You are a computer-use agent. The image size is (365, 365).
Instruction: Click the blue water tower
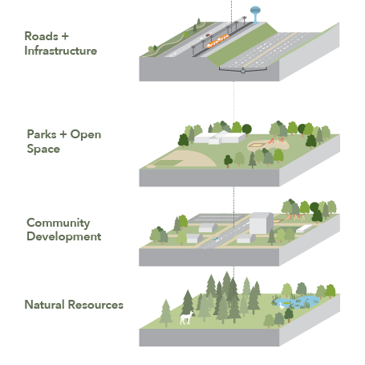[255, 14]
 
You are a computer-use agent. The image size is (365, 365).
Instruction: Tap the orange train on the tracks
[217, 41]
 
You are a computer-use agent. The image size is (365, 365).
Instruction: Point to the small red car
[208, 35]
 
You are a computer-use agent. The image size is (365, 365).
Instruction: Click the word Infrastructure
[61, 51]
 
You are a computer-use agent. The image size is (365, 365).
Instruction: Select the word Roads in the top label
[41, 36]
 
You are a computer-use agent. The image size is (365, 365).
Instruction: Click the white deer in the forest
[187, 318]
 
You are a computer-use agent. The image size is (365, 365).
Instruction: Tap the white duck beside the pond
[282, 306]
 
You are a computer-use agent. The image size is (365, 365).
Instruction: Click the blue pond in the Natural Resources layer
[298, 301]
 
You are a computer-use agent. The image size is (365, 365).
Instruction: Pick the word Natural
[44, 305]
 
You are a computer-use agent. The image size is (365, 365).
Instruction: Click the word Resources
[95, 305]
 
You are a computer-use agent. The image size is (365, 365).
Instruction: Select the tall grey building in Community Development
[261, 224]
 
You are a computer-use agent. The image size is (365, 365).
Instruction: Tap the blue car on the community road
[216, 239]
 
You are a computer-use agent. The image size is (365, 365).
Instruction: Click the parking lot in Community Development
[218, 218]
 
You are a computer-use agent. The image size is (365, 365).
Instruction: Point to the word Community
[59, 224]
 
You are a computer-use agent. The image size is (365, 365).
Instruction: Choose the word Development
[64, 236]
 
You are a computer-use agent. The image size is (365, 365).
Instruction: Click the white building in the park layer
[220, 137]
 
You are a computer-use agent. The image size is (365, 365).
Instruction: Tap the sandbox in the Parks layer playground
[258, 146]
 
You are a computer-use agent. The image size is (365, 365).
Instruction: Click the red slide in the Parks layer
[271, 141]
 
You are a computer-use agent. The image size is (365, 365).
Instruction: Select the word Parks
[42, 134]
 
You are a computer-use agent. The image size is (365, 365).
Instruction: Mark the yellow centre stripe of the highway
[270, 50]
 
